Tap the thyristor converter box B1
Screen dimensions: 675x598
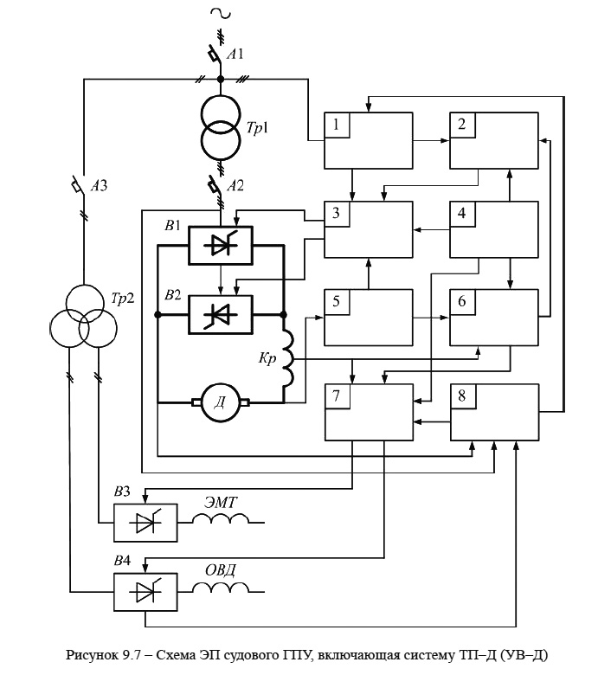click(x=221, y=246)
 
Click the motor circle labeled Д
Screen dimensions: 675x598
click(x=221, y=401)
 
